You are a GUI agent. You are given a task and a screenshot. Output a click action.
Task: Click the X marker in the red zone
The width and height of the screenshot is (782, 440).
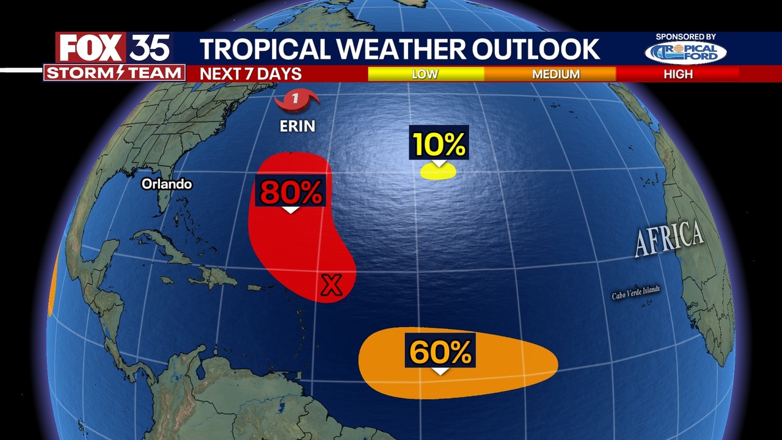coord(332,285)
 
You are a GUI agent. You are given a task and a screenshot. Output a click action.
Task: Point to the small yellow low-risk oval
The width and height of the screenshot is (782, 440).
coord(438,172)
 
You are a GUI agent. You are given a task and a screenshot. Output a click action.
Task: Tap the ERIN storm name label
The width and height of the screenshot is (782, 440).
coord(298,127)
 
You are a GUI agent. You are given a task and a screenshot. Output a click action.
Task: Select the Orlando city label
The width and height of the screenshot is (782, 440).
coord(167,184)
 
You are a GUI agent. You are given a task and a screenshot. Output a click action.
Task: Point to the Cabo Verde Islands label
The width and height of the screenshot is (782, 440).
coord(636,293)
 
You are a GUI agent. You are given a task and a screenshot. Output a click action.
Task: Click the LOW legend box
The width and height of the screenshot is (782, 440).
coord(425,74)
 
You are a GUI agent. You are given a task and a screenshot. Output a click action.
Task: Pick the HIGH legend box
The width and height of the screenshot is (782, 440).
coord(678,74)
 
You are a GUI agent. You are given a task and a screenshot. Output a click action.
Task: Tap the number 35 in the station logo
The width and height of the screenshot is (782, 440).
coord(149,48)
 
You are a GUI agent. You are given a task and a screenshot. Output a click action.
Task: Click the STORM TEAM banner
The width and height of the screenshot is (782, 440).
coord(114,73)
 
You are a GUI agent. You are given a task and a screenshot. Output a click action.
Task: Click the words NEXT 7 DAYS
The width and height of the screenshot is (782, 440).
coord(251,74)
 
